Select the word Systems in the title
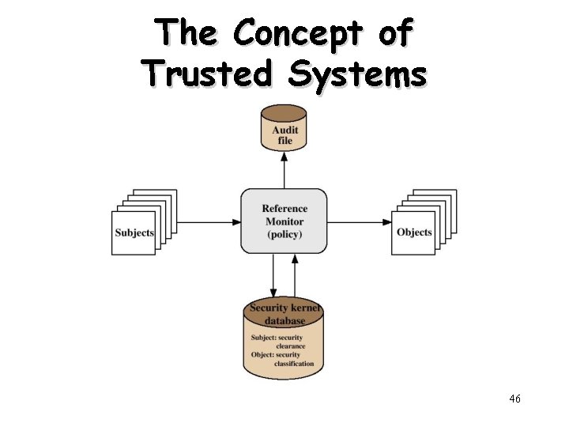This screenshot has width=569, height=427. pos(357,74)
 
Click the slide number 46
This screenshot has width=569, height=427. pos(514,399)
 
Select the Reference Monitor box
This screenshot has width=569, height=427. pos(284,221)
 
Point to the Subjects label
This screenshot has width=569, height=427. pos(134,232)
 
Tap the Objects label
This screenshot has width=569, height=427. pos(414,232)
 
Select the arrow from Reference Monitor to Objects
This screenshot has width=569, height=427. pos(360,222)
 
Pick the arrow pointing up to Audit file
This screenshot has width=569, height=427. pos(284,169)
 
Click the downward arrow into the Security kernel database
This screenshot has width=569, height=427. pos(273,276)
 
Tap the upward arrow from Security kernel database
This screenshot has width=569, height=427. pos(295,276)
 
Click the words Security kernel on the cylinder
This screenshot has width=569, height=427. pos(284,308)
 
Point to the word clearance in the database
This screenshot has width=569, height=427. pos(290,346)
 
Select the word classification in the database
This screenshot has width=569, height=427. pos(294,364)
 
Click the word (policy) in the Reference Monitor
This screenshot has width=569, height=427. pos(284,234)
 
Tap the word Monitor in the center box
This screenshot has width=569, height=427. pos(284,221)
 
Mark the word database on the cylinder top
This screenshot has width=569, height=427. pos(284,321)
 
